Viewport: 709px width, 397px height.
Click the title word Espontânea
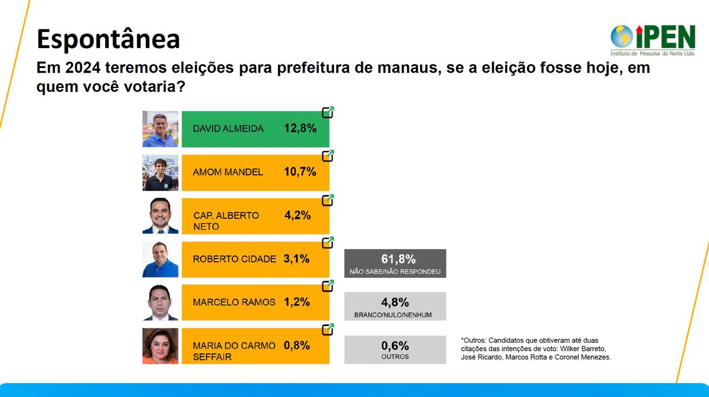(x=108, y=39)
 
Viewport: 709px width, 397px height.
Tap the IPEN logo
(x=653, y=39)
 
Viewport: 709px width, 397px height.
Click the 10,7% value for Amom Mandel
(x=300, y=172)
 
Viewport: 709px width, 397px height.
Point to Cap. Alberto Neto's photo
(x=160, y=215)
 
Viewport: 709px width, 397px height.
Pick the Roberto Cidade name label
(x=234, y=259)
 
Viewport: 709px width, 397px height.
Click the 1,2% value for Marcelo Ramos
(x=296, y=302)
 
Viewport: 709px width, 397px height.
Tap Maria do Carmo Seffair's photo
(x=160, y=346)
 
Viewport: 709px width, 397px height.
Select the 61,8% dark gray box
(x=395, y=263)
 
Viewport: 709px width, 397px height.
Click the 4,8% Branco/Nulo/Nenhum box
(x=395, y=306)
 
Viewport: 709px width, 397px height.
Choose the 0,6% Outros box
(x=395, y=349)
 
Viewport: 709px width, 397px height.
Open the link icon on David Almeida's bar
(x=328, y=112)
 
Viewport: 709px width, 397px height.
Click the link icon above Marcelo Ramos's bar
(x=328, y=286)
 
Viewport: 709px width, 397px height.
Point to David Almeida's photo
(x=160, y=129)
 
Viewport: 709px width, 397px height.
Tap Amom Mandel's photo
(x=160, y=172)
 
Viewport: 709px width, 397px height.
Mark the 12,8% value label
(x=300, y=128)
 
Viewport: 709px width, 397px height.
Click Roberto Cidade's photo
(x=160, y=259)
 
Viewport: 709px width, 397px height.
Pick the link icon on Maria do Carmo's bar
(x=328, y=329)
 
